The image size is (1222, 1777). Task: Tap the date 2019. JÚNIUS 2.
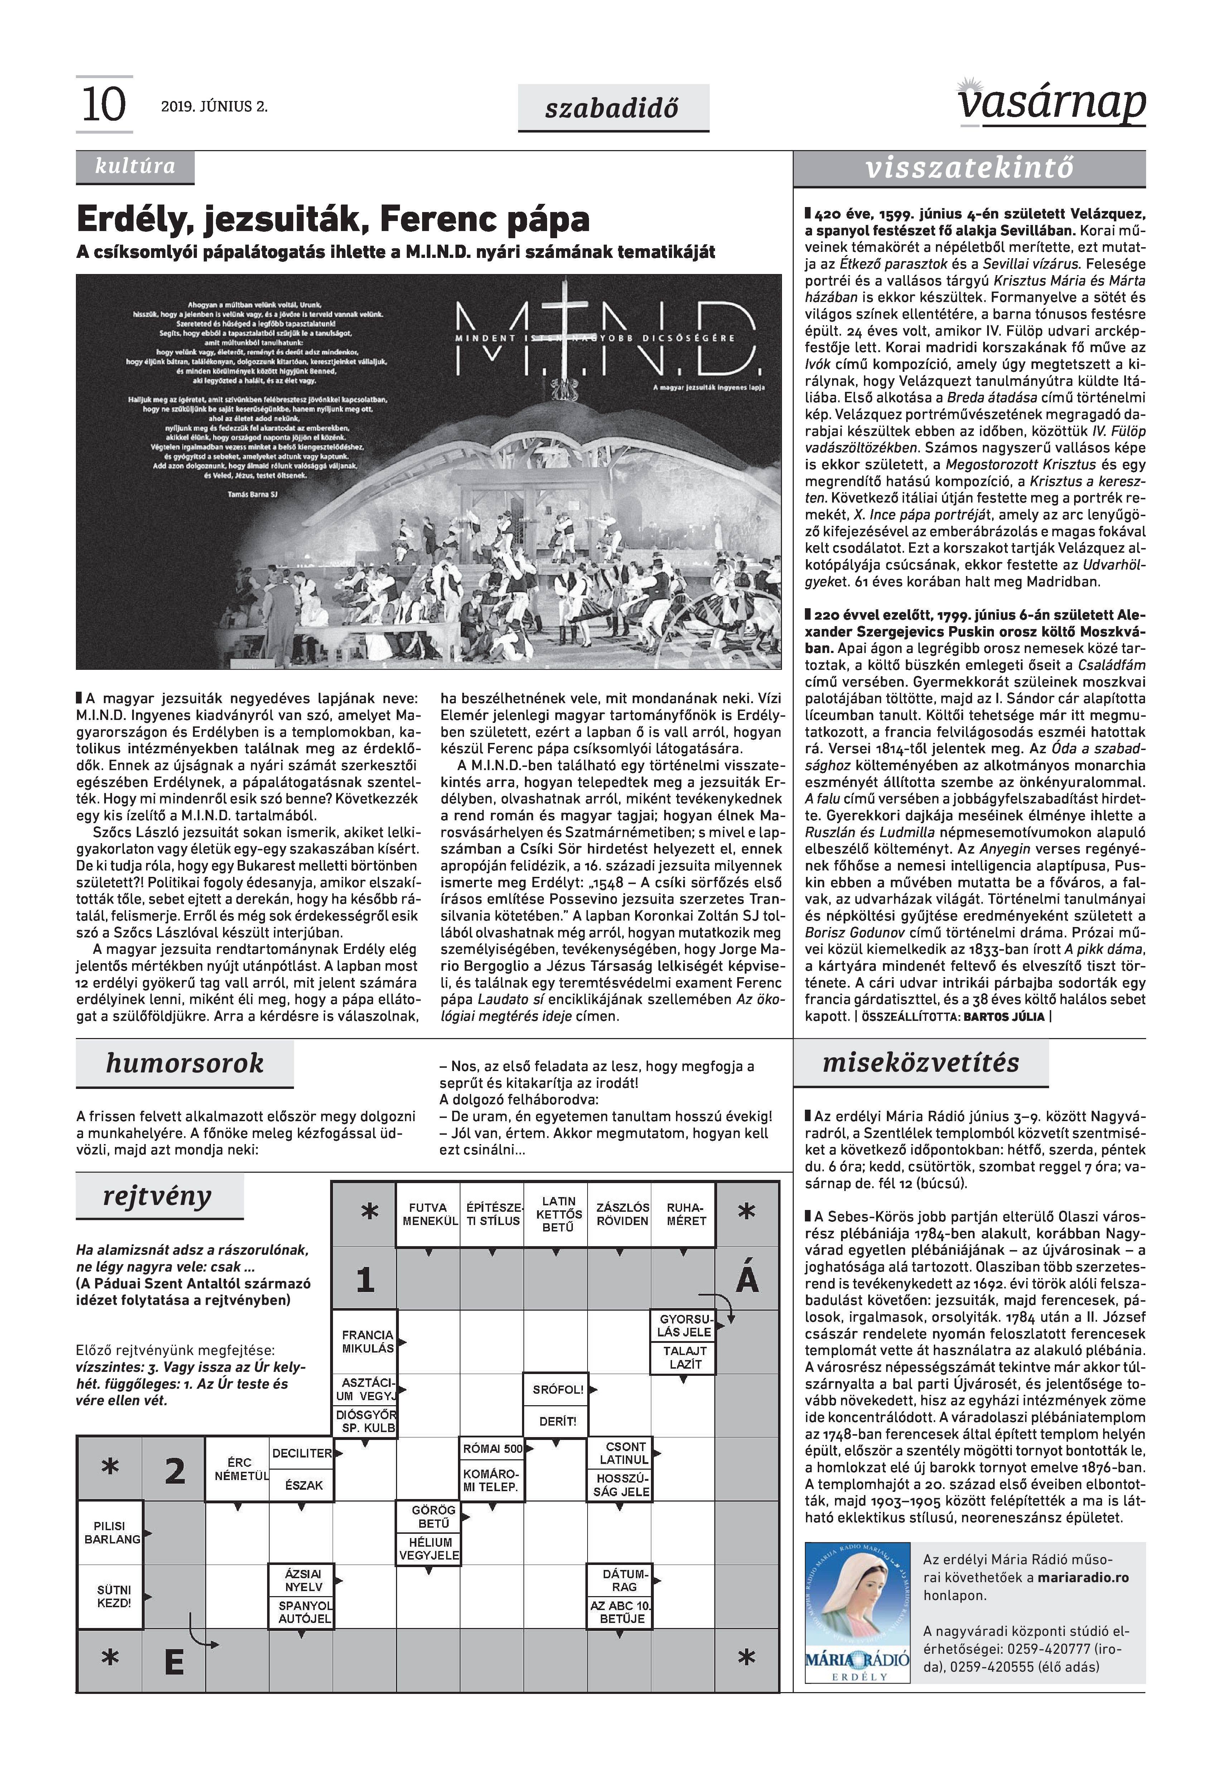214,106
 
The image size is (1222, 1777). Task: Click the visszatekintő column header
969,168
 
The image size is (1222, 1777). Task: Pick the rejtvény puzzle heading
158,1196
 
